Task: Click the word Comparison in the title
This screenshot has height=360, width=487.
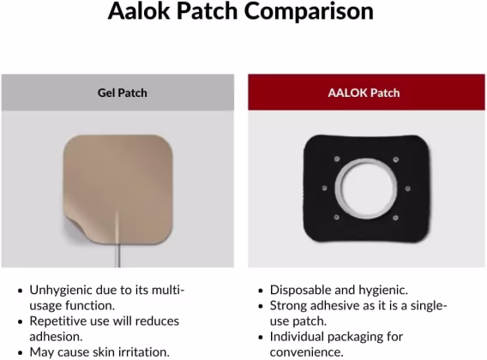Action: click(x=309, y=12)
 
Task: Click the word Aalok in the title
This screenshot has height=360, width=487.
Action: click(x=139, y=11)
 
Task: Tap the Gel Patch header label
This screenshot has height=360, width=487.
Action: click(x=123, y=93)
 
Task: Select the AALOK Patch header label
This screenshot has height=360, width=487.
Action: click(x=364, y=93)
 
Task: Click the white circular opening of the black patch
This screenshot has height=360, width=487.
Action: click(x=366, y=189)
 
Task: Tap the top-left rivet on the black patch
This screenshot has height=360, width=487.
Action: click(x=337, y=159)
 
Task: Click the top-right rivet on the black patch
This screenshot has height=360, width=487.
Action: click(x=396, y=159)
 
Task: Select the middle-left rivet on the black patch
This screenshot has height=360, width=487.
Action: click(x=325, y=189)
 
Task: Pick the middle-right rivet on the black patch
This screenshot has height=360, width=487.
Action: click(x=408, y=189)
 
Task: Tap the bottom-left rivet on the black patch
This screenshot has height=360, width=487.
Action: click(x=336, y=217)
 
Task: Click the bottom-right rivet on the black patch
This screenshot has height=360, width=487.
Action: click(x=395, y=218)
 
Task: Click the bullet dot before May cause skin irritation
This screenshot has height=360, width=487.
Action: click(x=21, y=353)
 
